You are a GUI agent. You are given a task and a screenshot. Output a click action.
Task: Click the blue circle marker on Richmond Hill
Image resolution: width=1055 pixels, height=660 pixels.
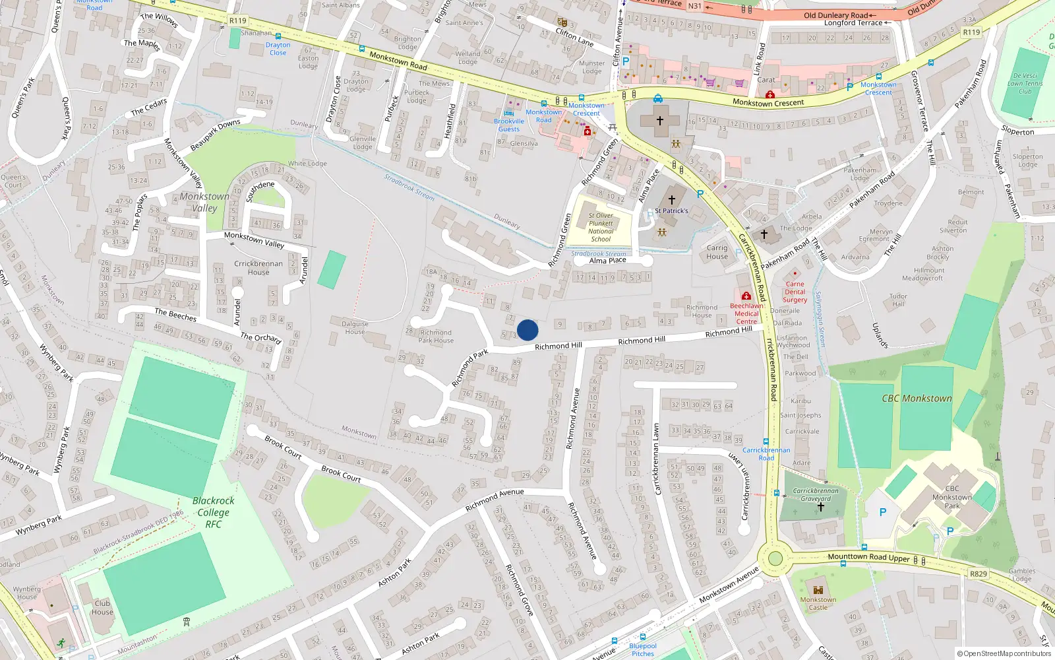[x=527, y=329]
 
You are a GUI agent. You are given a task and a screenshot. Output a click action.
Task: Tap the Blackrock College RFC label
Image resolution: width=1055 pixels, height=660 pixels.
[x=214, y=512]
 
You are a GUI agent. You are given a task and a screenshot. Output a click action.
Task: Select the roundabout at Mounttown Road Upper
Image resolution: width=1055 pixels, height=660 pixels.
[x=775, y=559]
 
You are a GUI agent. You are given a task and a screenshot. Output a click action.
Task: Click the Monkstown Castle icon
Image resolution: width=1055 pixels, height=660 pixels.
[x=818, y=589]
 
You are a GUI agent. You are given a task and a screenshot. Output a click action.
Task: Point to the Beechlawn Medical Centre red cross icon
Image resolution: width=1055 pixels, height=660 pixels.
[x=746, y=296]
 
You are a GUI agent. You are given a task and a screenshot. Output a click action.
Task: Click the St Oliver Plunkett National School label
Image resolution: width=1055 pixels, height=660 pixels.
[x=601, y=227]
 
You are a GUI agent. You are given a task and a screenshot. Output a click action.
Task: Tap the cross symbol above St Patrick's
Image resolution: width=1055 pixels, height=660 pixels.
[x=671, y=199]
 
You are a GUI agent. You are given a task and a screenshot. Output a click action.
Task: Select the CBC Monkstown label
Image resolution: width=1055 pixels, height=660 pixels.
[x=917, y=399]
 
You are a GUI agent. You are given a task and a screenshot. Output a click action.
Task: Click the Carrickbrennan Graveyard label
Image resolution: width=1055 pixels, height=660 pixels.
[x=816, y=494]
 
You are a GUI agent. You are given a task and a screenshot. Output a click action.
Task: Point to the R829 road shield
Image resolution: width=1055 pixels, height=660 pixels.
[x=979, y=574]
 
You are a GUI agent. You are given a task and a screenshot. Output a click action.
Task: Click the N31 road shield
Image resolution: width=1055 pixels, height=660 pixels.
[x=694, y=6]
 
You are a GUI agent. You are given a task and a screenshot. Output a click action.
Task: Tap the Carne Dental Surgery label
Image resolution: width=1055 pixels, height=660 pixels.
[x=795, y=292]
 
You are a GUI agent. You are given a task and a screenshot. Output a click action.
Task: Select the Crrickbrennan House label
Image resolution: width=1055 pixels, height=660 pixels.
[x=258, y=268]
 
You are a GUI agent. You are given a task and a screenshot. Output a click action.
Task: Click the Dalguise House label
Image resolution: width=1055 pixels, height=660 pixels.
[x=355, y=327]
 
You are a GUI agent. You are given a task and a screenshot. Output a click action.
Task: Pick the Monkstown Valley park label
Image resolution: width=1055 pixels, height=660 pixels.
[x=204, y=202]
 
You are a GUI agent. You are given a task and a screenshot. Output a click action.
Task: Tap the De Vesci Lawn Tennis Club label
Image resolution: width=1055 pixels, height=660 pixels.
[x=1025, y=83]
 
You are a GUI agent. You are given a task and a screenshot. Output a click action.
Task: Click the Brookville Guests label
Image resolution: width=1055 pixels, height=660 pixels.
[x=509, y=125]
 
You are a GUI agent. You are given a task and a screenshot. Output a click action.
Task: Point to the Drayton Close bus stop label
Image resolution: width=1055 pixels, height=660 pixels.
[x=278, y=49]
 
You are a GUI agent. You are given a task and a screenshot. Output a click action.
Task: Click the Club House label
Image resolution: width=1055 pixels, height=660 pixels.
[x=102, y=607]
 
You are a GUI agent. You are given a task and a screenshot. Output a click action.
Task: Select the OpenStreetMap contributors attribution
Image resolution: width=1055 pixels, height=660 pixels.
[x=1004, y=653]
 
